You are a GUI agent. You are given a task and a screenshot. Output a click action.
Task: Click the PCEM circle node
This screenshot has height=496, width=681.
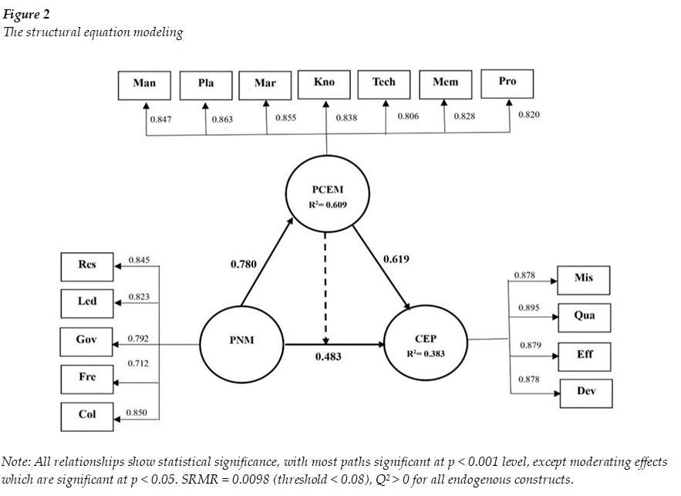click(325, 197)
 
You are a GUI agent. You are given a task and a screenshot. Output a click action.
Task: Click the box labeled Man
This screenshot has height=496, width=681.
click(144, 84)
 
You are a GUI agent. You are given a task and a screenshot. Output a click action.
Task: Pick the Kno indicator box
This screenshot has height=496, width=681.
click(325, 83)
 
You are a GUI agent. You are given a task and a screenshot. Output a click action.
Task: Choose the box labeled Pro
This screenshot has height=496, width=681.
click(507, 83)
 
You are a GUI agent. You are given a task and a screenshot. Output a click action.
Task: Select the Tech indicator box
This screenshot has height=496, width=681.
click(384, 83)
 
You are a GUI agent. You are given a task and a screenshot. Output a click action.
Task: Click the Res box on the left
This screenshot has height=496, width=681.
click(87, 266)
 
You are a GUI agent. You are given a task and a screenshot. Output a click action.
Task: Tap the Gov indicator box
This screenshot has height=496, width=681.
click(87, 340)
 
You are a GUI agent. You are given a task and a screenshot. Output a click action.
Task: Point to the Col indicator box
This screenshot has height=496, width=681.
click(87, 415)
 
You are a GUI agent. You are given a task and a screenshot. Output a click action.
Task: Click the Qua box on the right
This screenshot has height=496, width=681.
click(584, 316)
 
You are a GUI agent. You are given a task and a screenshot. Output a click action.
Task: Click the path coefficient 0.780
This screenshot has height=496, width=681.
click(244, 265)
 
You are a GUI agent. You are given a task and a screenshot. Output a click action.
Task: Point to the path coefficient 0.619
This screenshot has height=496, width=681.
click(396, 259)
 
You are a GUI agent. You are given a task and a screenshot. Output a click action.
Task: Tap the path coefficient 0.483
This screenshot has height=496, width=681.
click(329, 357)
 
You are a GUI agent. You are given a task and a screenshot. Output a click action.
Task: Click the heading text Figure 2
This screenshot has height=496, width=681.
click(25, 14)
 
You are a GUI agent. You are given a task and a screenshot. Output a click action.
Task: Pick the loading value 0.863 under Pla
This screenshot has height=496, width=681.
click(222, 120)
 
